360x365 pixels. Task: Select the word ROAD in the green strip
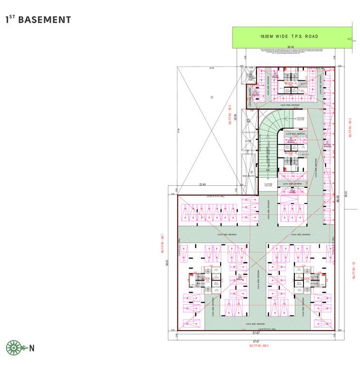coord(311,37)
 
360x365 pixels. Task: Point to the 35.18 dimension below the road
coord(291,47)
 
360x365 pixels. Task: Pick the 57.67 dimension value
coord(256,342)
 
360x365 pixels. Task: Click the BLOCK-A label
coord(291,83)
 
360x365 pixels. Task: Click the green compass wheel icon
coord(13,347)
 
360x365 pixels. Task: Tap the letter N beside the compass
coord(31,348)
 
